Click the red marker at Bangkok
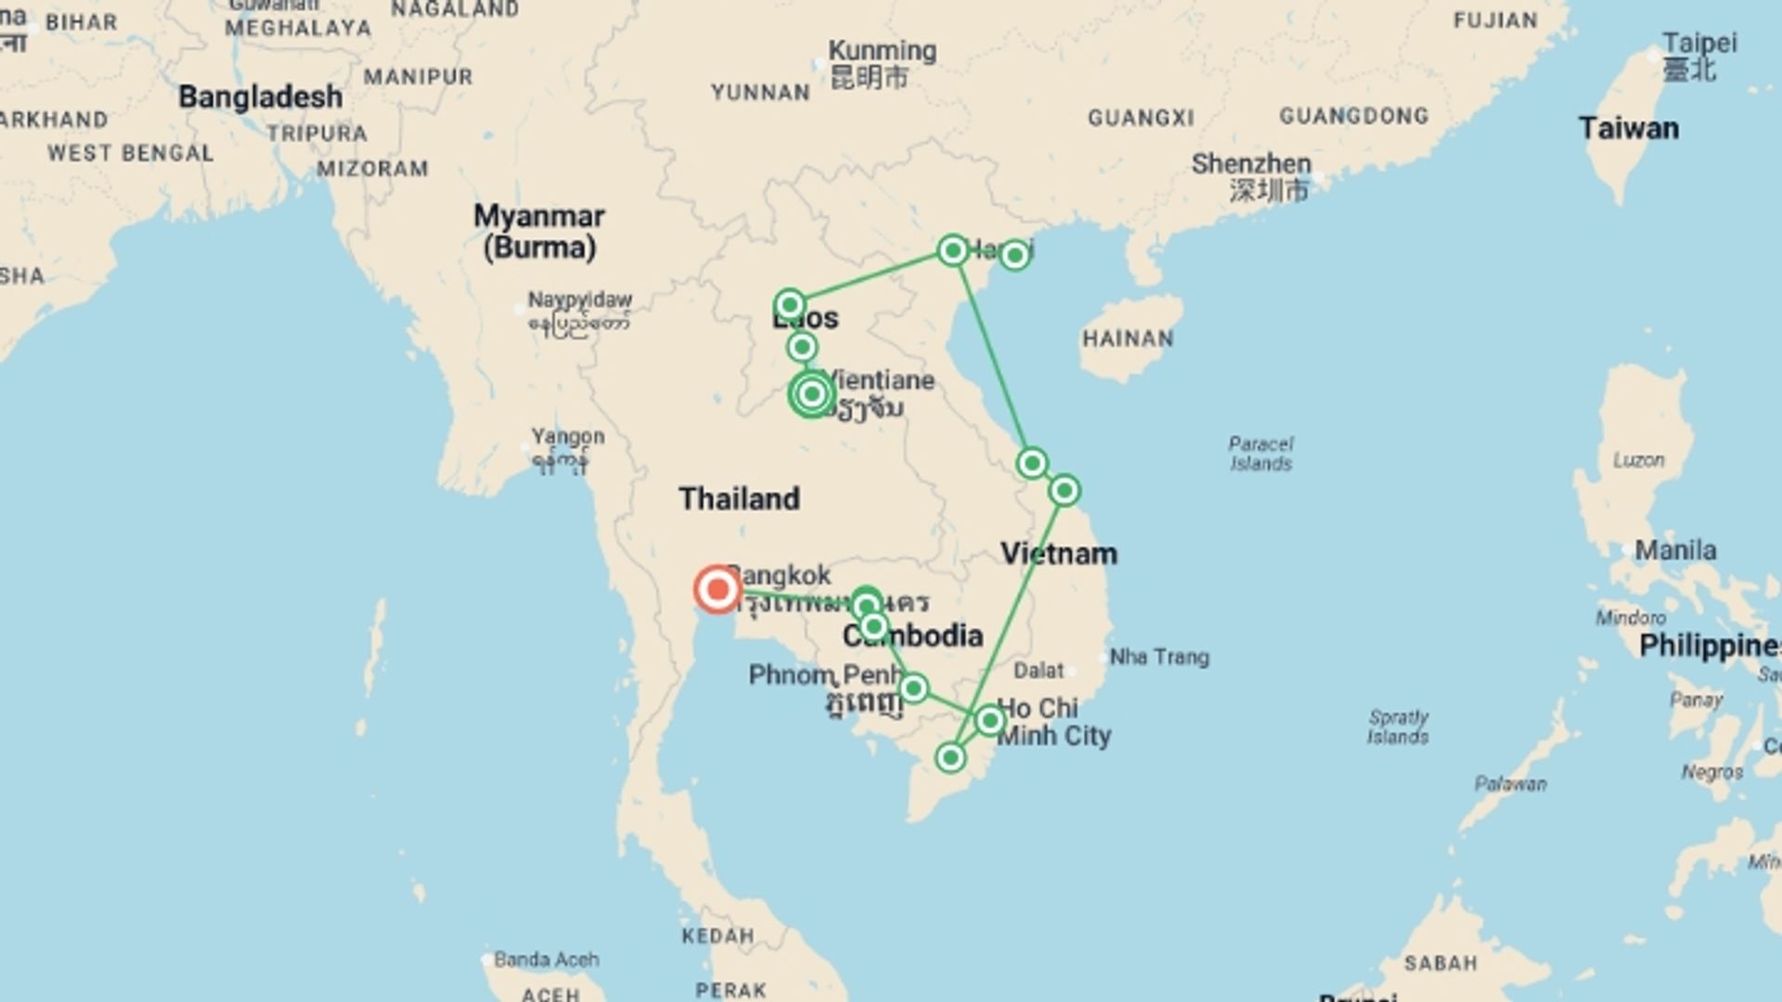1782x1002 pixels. tap(717, 589)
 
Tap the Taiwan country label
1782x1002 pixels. tap(1628, 128)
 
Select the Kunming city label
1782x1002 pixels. tap(882, 51)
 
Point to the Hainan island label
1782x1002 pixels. tap(1128, 339)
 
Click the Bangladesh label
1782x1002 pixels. tap(260, 96)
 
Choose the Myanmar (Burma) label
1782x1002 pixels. tap(538, 231)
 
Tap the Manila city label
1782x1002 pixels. tap(1674, 550)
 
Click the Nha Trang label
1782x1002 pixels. tap(1159, 657)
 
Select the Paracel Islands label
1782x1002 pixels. tap(1260, 454)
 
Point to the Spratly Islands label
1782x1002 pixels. tap(1398, 727)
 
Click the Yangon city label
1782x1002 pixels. tap(567, 436)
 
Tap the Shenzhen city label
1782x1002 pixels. tap(1251, 164)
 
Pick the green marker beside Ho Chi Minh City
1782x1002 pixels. tap(989, 720)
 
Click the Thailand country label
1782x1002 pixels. tap(739, 499)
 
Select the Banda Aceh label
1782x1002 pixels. tap(546, 959)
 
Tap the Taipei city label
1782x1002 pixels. tap(1698, 43)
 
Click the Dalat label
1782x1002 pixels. tap(1039, 670)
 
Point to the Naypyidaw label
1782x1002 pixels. tap(579, 300)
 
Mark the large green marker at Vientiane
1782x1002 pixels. tap(812, 394)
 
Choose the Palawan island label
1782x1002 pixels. tap(1510, 784)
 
